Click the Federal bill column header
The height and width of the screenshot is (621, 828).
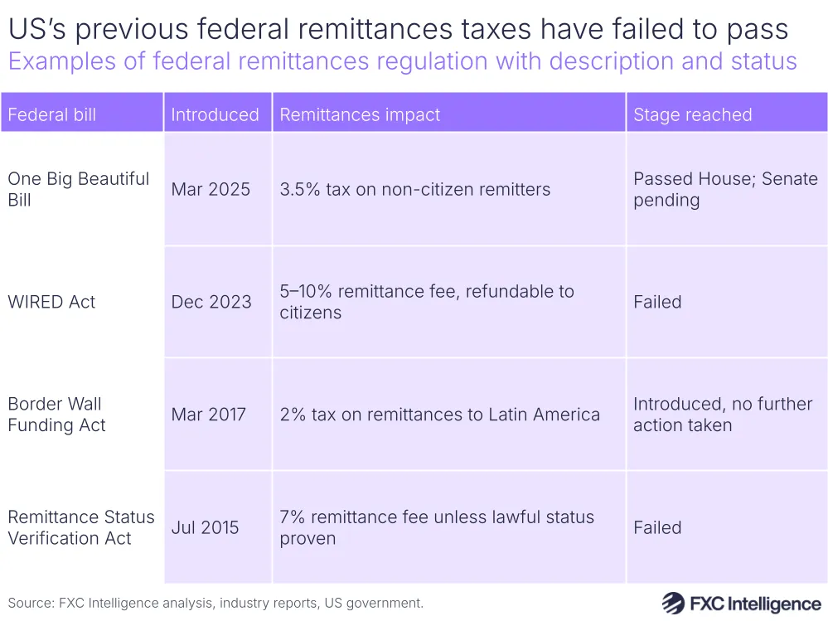pos(52,114)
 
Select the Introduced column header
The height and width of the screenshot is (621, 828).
pos(215,114)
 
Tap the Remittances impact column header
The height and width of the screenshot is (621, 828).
pos(360,114)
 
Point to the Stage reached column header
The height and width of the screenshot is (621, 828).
pos(692,114)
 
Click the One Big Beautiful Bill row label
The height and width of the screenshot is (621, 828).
pos(78,189)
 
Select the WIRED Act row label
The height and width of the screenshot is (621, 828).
pos(51,302)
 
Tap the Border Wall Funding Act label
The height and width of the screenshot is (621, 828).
pos(56,415)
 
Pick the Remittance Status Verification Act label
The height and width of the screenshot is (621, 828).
pos(80,527)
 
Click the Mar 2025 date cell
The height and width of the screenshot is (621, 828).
pos(211,189)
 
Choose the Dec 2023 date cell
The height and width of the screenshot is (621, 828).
pos(211,302)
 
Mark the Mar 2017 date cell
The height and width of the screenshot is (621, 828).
pos(209,415)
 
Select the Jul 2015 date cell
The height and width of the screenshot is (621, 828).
pos(205,527)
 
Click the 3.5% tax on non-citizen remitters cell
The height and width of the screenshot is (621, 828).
pos(414,189)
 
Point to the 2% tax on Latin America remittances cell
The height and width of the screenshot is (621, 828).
pos(439,415)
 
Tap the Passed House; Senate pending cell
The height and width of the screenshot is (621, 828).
pos(724,189)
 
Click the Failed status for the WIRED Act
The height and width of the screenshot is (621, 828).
pos(657,302)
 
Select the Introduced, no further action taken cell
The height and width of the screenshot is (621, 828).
pos(722,415)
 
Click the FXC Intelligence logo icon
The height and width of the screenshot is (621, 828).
pos(672,603)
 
